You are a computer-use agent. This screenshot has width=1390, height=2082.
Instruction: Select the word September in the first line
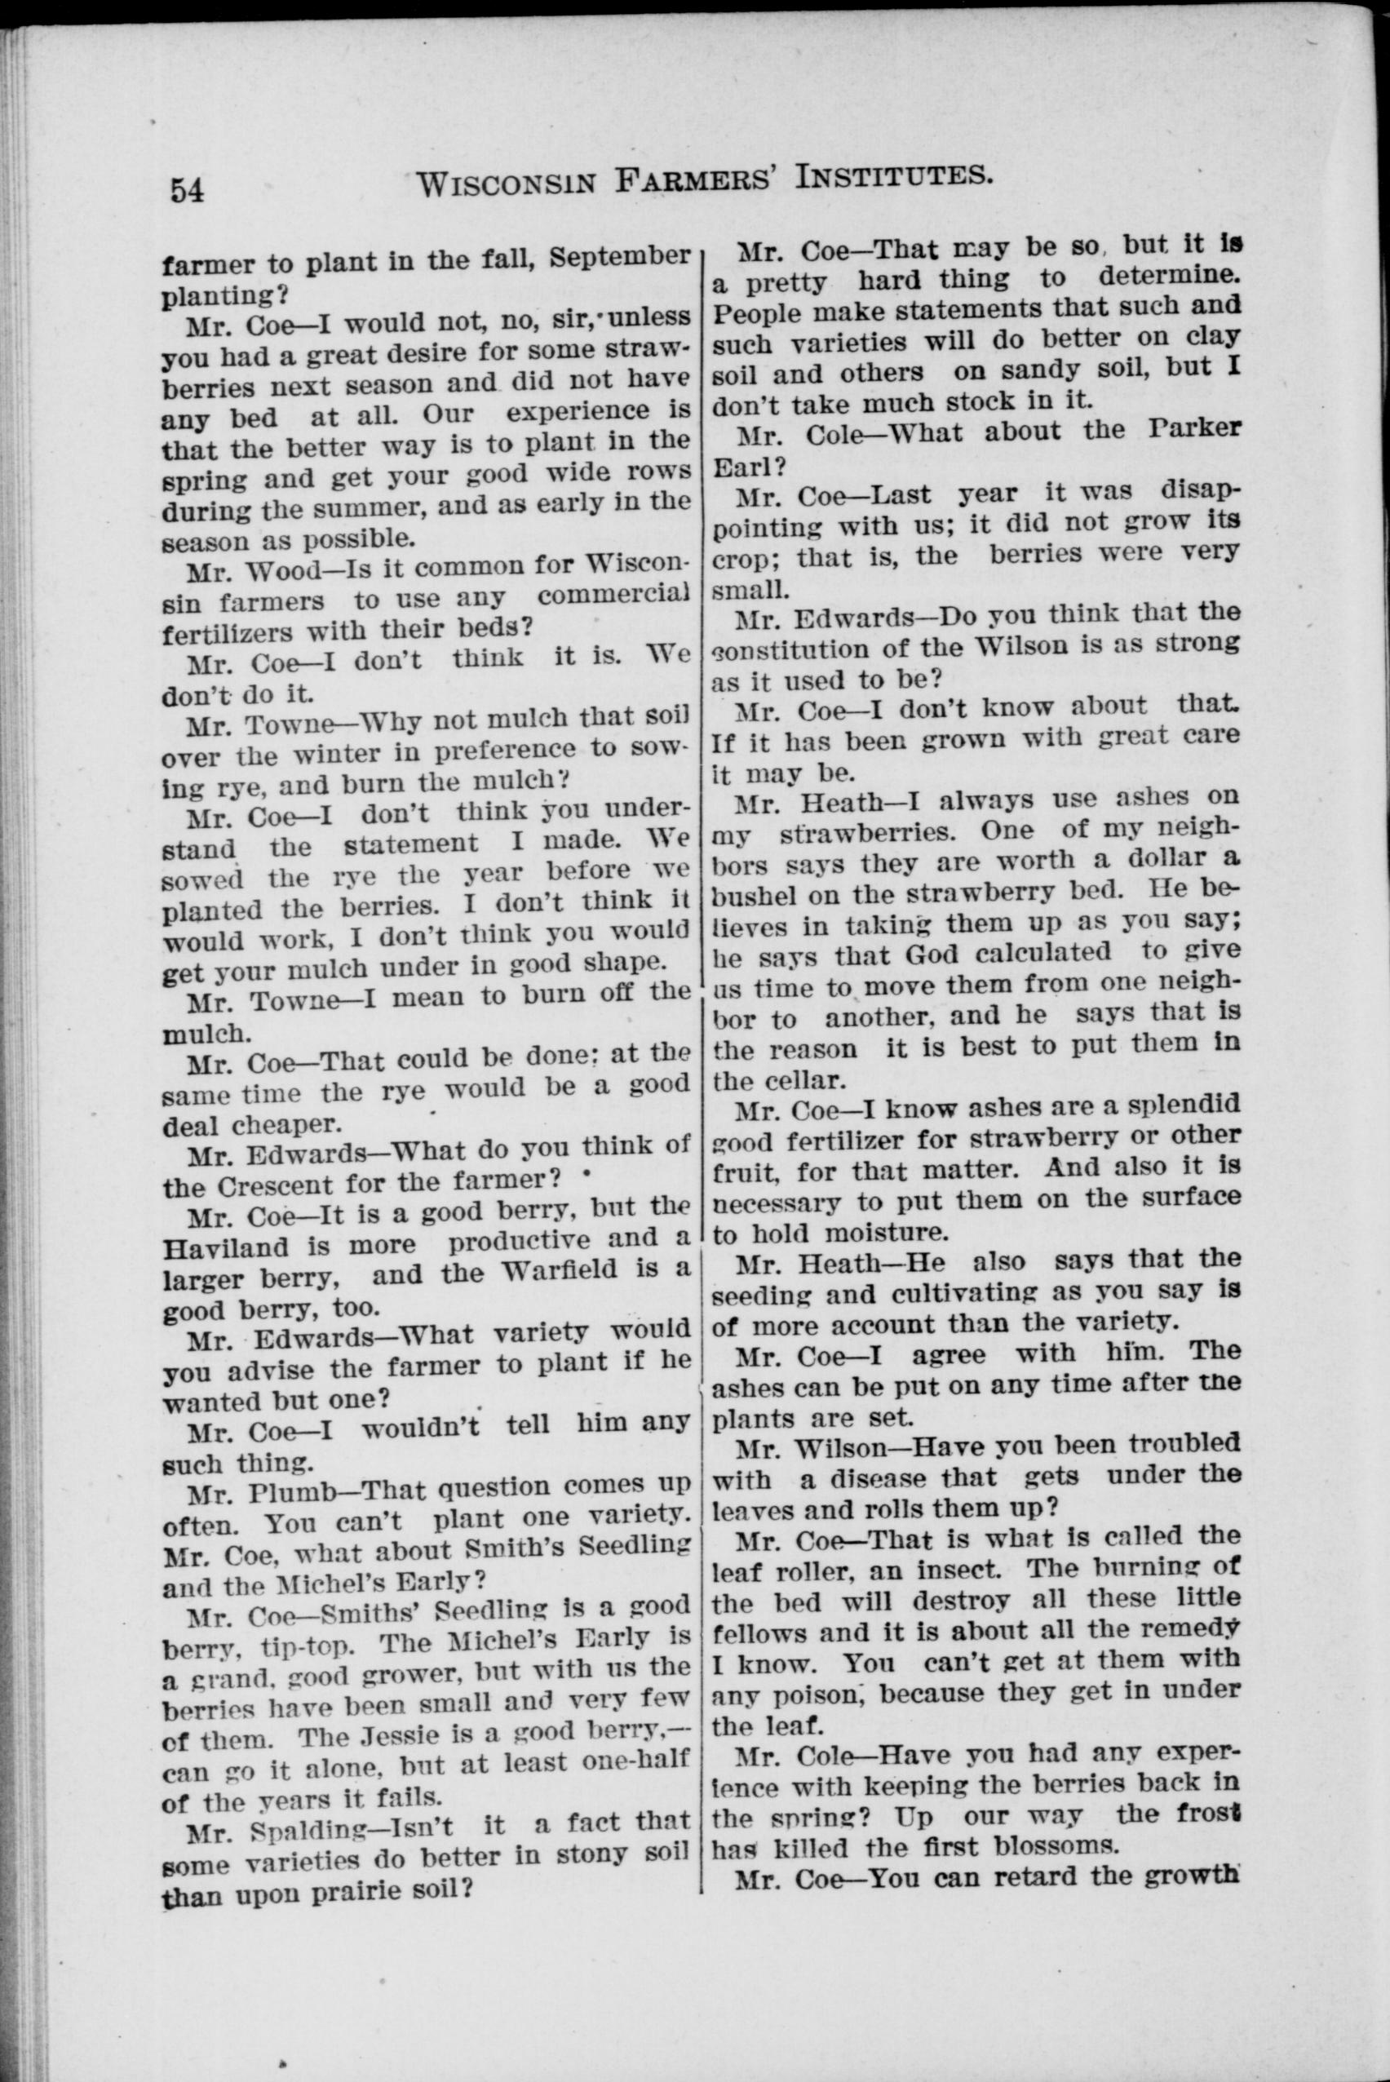click(619, 257)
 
